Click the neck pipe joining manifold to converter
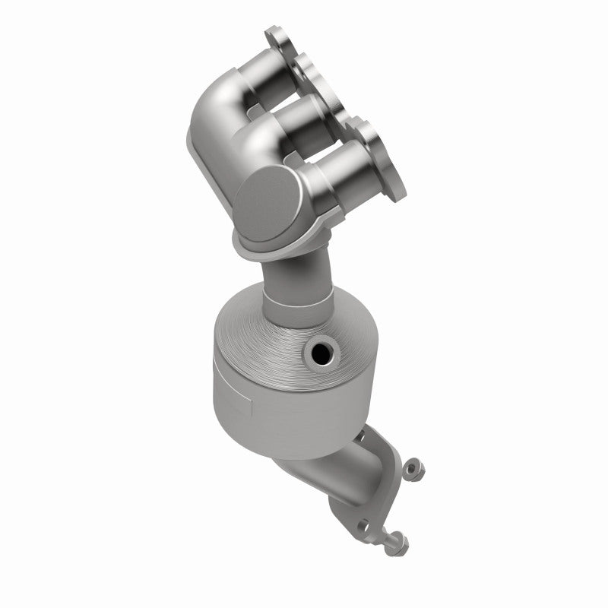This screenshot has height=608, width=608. pyautogui.click(x=296, y=270)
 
